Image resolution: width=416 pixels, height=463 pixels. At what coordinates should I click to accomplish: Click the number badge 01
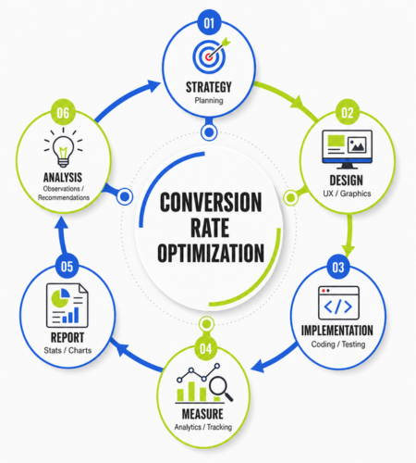[209, 23]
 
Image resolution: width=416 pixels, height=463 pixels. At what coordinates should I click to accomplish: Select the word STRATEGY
[209, 87]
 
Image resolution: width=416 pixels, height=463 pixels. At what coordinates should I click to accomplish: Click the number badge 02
[348, 112]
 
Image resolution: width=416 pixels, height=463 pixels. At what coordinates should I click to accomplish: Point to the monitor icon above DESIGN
[347, 149]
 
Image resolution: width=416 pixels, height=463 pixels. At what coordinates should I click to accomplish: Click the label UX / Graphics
[347, 194]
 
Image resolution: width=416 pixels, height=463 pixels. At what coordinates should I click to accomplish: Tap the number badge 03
[338, 267]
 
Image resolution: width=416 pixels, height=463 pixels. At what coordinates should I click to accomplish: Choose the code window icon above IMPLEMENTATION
[338, 303]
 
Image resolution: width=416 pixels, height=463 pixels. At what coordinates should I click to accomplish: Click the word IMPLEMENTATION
[337, 331]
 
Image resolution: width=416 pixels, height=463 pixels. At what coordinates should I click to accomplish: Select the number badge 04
[206, 348]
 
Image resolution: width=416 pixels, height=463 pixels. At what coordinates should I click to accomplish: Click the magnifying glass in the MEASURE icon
[221, 389]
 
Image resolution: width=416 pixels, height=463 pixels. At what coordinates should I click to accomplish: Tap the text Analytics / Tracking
[203, 427]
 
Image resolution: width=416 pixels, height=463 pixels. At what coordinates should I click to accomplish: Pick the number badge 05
[67, 267]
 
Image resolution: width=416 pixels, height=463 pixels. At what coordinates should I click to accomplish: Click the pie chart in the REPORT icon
[60, 297]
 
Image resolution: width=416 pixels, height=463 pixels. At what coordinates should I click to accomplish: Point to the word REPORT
[67, 337]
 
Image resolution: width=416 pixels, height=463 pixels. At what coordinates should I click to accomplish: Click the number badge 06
[63, 112]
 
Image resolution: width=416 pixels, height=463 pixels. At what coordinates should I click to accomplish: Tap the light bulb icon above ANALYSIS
[63, 147]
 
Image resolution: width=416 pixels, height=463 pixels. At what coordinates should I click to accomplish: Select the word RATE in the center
[210, 228]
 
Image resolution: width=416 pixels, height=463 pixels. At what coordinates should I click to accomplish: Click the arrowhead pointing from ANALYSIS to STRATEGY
[153, 85]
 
